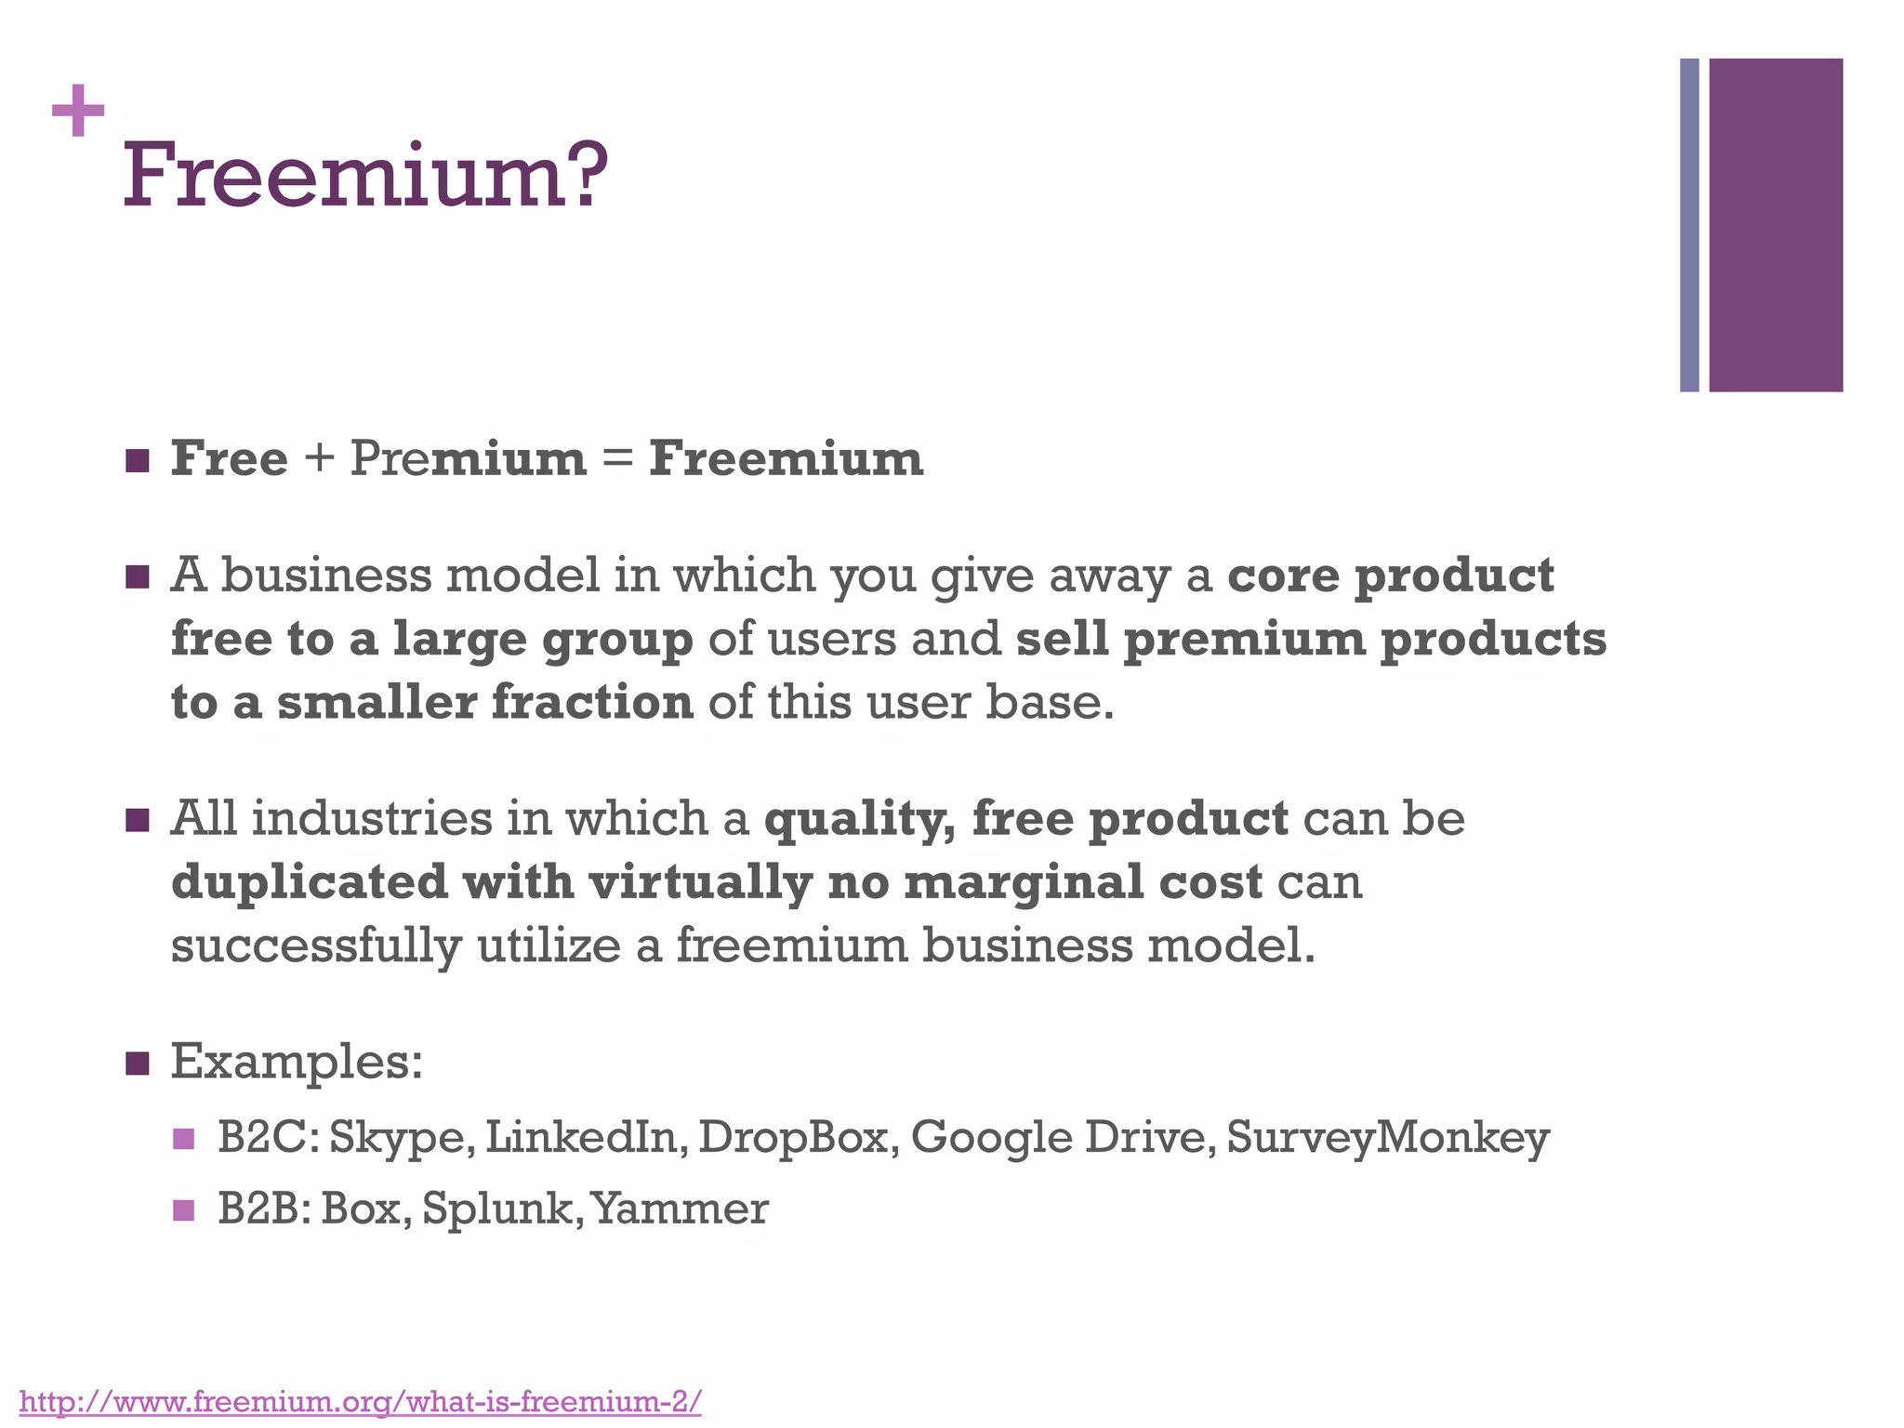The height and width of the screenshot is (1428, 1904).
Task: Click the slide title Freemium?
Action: [x=365, y=175]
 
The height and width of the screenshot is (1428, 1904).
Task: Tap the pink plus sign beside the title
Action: [x=78, y=111]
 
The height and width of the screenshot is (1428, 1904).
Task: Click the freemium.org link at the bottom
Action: [x=360, y=1400]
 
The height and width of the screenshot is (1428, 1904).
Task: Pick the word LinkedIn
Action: [x=586, y=1137]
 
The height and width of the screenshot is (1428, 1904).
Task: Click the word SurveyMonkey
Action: [x=1388, y=1137]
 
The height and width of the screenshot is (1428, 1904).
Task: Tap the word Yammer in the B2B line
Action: [x=680, y=1209]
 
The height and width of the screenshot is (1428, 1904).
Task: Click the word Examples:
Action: [x=297, y=1062]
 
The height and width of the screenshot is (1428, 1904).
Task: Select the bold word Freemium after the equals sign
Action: [x=786, y=458]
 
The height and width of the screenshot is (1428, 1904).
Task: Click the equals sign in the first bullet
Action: [x=618, y=459]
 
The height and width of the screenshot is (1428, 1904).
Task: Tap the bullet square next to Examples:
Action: [x=137, y=1062]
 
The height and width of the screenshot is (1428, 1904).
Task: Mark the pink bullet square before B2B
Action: [x=183, y=1210]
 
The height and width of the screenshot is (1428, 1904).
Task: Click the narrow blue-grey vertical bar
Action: [x=1689, y=225]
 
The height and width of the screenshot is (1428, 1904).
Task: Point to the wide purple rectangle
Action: [x=1776, y=225]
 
